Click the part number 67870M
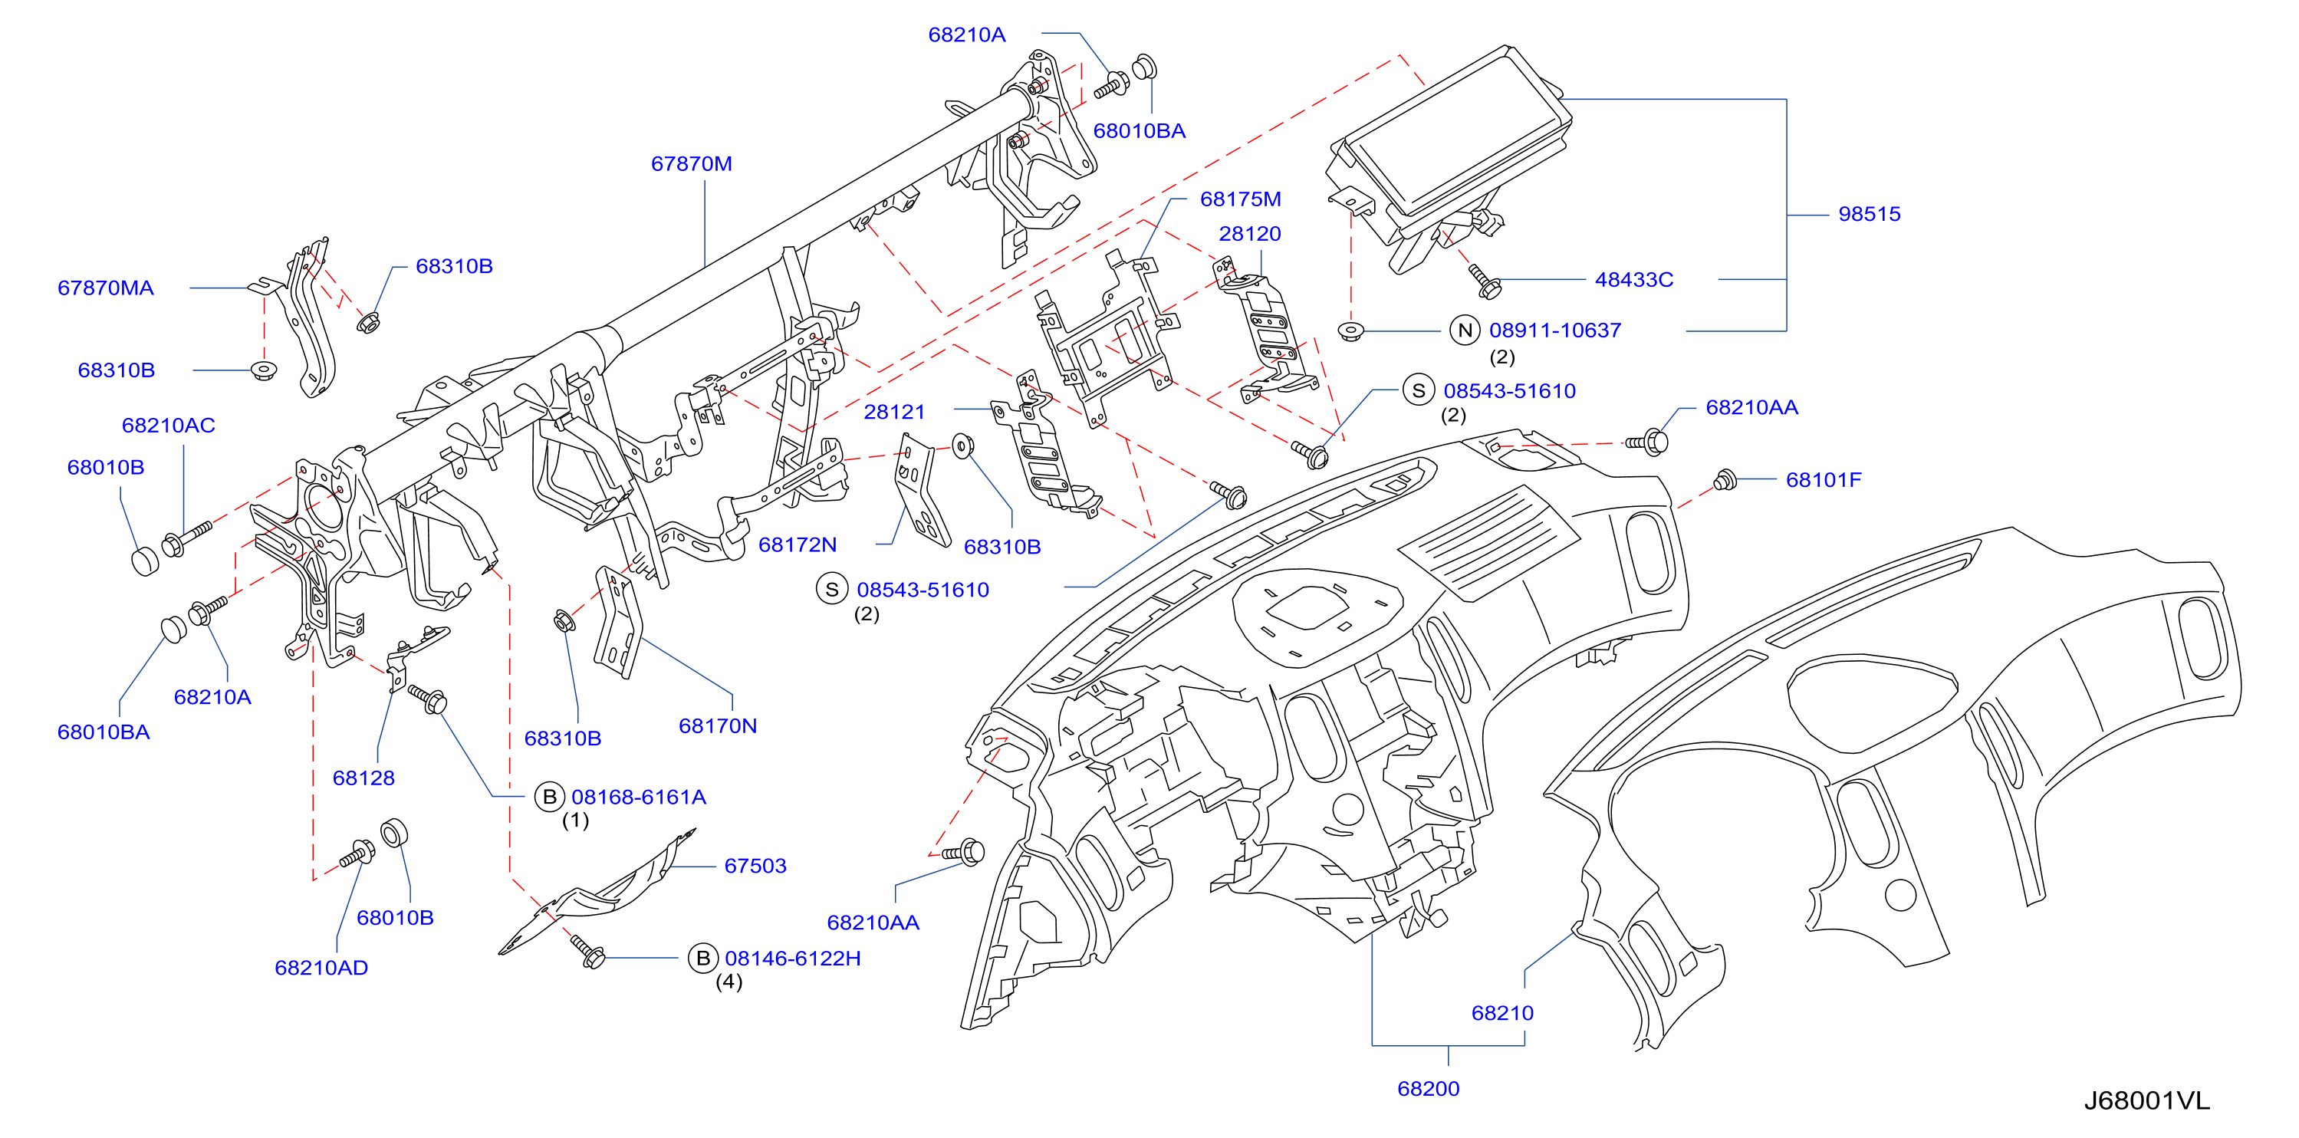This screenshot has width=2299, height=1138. coord(692,164)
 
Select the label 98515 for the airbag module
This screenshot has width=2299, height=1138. coord(1869,214)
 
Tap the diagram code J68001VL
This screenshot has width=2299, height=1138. coord(2146,1101)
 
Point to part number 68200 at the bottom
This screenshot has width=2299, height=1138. coord(1428,1089)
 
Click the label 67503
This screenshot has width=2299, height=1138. coord(755,866)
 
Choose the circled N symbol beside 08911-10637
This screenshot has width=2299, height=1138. coord(1465,331)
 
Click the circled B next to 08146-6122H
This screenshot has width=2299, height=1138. coord(702,958)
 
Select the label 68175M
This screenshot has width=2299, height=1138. coord(1241,199)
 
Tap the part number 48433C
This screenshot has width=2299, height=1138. coord(1633,279)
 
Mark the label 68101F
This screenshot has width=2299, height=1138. coord(1824,480)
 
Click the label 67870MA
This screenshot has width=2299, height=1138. coord(105,288)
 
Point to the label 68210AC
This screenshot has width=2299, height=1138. coord(169,426)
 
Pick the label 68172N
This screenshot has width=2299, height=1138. coord(797,544)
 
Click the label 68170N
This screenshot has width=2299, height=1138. coord(718,725)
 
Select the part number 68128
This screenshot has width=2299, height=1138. coord(363,778)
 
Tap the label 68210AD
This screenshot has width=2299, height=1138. coord(321,968)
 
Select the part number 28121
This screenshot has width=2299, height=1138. coord(894,413)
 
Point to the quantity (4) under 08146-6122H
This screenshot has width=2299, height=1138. coord(729,982)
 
